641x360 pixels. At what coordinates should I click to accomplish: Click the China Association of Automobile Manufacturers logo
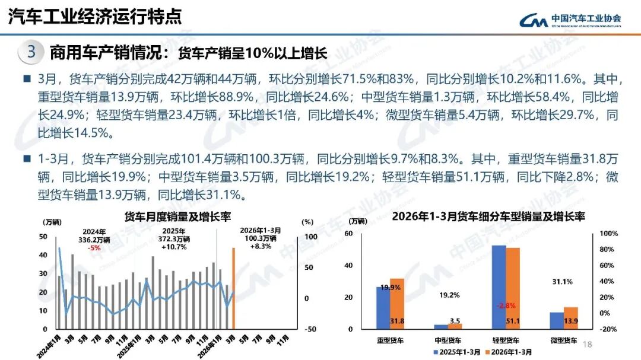tap(570, 20)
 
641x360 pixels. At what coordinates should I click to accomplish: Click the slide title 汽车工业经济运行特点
tap(95, 17)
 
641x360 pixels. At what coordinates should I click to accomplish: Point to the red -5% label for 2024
tap(94, 247)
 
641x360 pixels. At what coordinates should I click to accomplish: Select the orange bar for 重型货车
tap(397, 304)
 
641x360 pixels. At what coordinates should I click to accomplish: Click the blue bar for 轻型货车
tap(499, 287)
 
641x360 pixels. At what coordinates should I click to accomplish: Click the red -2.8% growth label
tap(506, 305)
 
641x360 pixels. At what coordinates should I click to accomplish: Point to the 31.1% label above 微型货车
tap(563, 282)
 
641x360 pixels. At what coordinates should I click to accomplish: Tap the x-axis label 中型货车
tap(448, 340)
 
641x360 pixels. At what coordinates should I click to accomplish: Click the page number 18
tap(589, 344)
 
